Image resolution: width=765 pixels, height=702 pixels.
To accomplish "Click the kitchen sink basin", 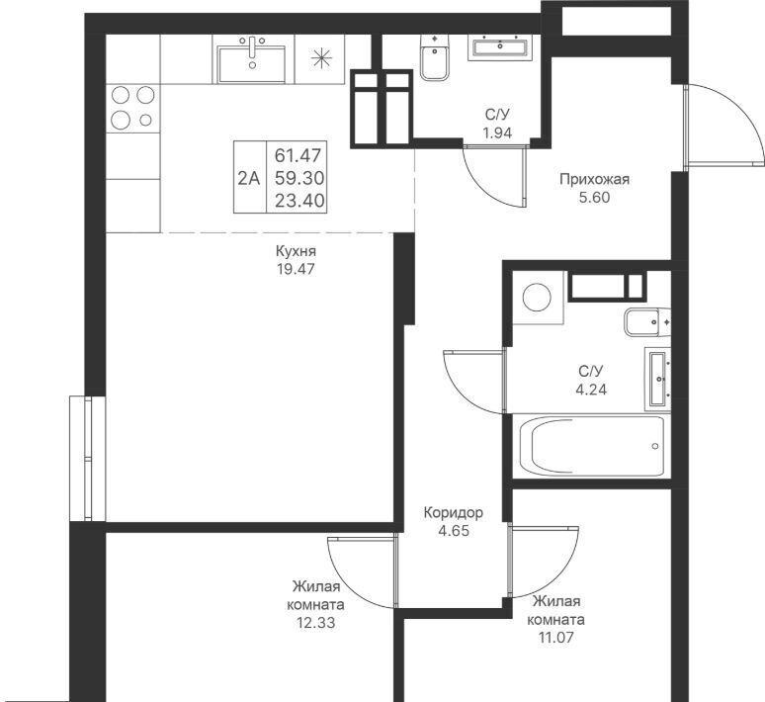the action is point(251,64).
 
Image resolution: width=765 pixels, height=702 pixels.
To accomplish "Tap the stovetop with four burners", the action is point(133,108).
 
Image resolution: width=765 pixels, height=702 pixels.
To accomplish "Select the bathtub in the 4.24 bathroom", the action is point(592,445).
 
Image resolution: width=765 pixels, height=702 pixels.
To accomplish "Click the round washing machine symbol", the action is point(537,298).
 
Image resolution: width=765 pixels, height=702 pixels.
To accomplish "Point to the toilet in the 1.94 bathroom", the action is point(434,57).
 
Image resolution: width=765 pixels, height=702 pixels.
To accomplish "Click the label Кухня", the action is point(296,251).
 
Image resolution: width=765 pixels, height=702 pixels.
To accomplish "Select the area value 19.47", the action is point(296,269).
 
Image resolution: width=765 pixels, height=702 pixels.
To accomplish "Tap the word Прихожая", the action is point(594,179).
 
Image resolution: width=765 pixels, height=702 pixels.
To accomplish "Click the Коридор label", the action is point(454,512).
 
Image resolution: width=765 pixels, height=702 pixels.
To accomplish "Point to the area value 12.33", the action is point(315,623).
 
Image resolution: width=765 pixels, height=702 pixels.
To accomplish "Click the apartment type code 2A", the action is point(249,179).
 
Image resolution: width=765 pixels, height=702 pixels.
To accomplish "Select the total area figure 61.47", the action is point(298,156).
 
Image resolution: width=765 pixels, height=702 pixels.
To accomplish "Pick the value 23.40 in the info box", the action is point(299,200).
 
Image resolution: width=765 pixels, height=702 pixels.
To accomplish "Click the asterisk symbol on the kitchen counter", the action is point(321,58).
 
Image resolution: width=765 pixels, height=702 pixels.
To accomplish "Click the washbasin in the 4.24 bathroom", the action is point(657,379).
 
